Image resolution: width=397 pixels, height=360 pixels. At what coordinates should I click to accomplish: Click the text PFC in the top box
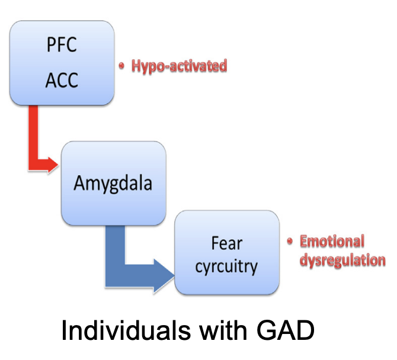(x=62, y=46)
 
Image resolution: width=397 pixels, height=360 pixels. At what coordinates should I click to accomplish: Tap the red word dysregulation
(x=342, y=260)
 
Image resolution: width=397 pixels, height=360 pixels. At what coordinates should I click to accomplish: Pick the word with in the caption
(x=206, y=332)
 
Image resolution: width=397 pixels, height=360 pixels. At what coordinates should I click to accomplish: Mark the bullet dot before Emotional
(x=290, y=241)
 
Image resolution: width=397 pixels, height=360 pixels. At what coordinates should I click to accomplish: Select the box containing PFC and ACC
(x=62, y=62)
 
